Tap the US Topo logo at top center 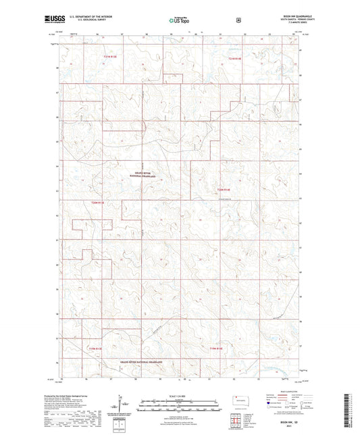179,21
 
